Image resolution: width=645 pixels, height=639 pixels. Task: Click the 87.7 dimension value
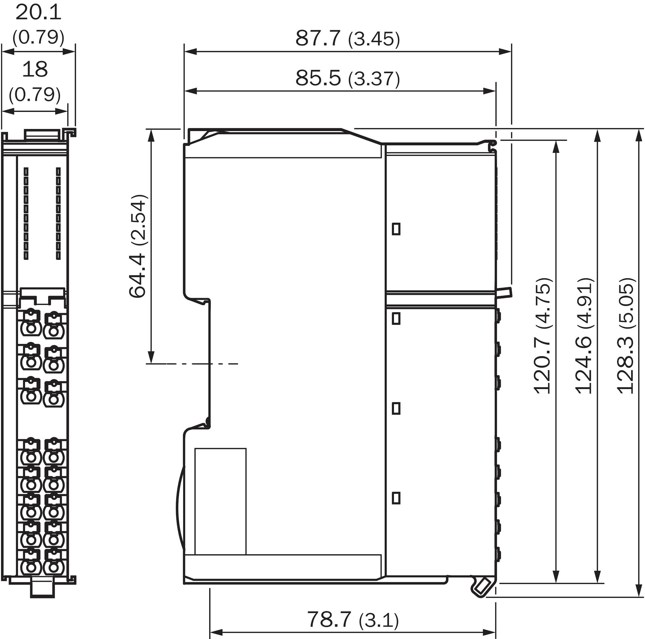(x=318, y=38)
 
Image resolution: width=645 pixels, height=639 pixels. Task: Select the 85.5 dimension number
(x=318, y=78)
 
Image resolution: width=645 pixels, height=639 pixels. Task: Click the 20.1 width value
(x=38, y=13)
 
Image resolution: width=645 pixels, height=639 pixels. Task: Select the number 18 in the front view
(x=35, y=69)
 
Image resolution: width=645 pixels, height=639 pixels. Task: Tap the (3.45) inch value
(x=374, y=39)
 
